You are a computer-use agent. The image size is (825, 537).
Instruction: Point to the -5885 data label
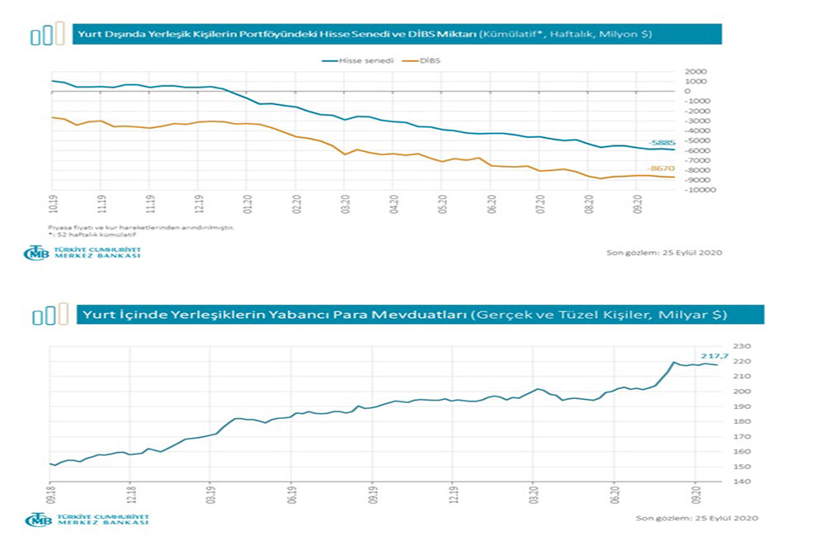(x=662, y=142)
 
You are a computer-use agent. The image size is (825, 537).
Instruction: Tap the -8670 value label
(x=662, y=169)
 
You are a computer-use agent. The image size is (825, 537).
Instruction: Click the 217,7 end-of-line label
(x=710, y=355)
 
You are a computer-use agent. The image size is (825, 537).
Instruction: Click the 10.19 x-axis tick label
(x=53, y=204)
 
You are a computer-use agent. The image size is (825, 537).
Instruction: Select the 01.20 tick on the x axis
(x=247, y=204)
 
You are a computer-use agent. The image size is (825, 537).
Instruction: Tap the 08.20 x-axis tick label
(x=589, y=204)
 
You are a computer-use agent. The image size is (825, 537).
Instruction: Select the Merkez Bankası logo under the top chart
(x=82, y=253)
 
